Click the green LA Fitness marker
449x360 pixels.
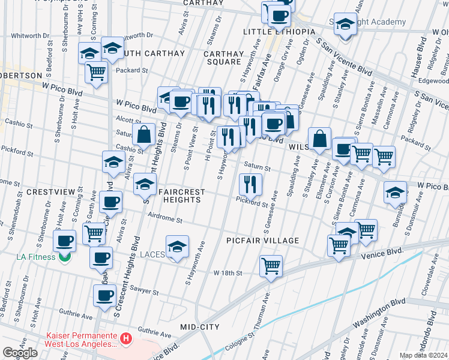point(65,257)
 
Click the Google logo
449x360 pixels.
point(19,353)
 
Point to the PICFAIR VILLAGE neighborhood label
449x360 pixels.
point(263,241)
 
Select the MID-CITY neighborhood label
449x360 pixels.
point(200,327)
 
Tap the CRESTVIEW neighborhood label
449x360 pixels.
point(50,192)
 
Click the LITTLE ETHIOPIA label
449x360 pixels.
point(279,32)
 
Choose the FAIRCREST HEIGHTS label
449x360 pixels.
point(182,196)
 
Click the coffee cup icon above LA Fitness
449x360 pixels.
point(65,241)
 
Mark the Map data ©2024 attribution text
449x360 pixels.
point(423,355)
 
